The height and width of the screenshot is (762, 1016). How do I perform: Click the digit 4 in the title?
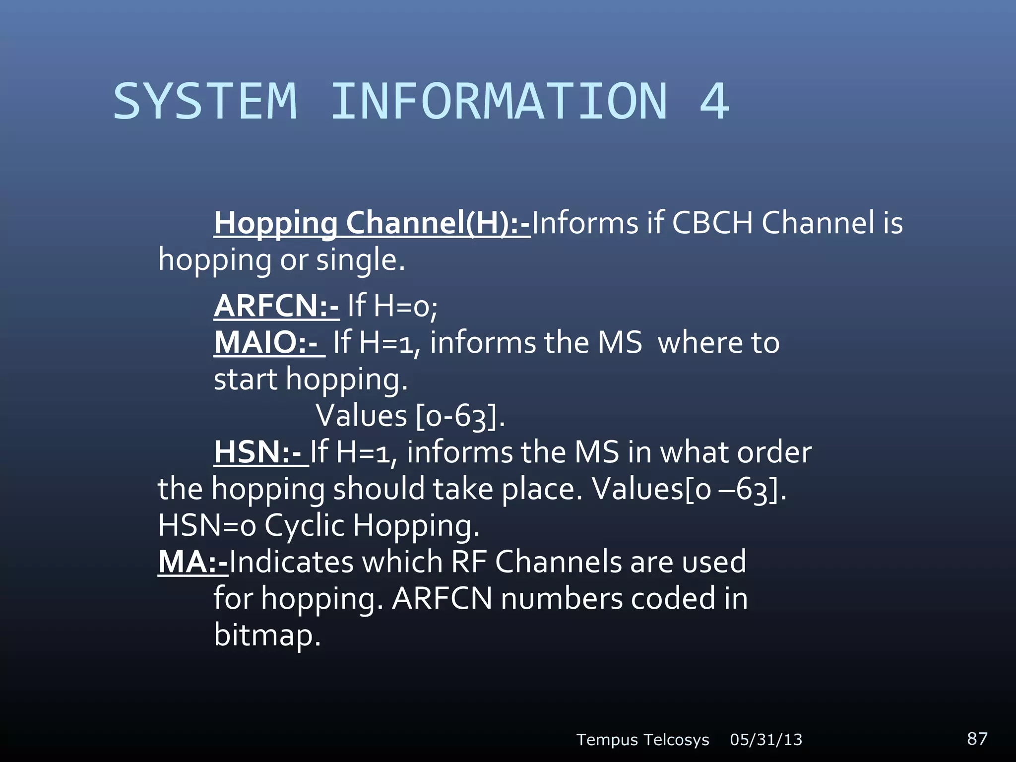[714, 102]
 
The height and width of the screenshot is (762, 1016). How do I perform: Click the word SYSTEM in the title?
[205, 102]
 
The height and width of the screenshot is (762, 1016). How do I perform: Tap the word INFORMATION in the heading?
[499, 102]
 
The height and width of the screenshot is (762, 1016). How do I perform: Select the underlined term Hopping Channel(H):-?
[372, 223]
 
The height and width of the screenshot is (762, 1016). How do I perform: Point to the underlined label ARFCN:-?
[276, 306]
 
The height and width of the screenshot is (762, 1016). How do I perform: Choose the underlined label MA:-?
[192, 562]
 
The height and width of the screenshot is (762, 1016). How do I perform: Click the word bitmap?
[267, 635]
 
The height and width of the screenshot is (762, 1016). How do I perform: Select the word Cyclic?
[304, 525]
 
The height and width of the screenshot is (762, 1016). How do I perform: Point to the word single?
[360, 260]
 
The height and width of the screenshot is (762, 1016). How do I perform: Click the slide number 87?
[977, 739]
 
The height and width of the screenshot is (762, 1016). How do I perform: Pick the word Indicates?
[291, 562]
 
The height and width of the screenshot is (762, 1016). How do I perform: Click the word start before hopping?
[246, 380]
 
